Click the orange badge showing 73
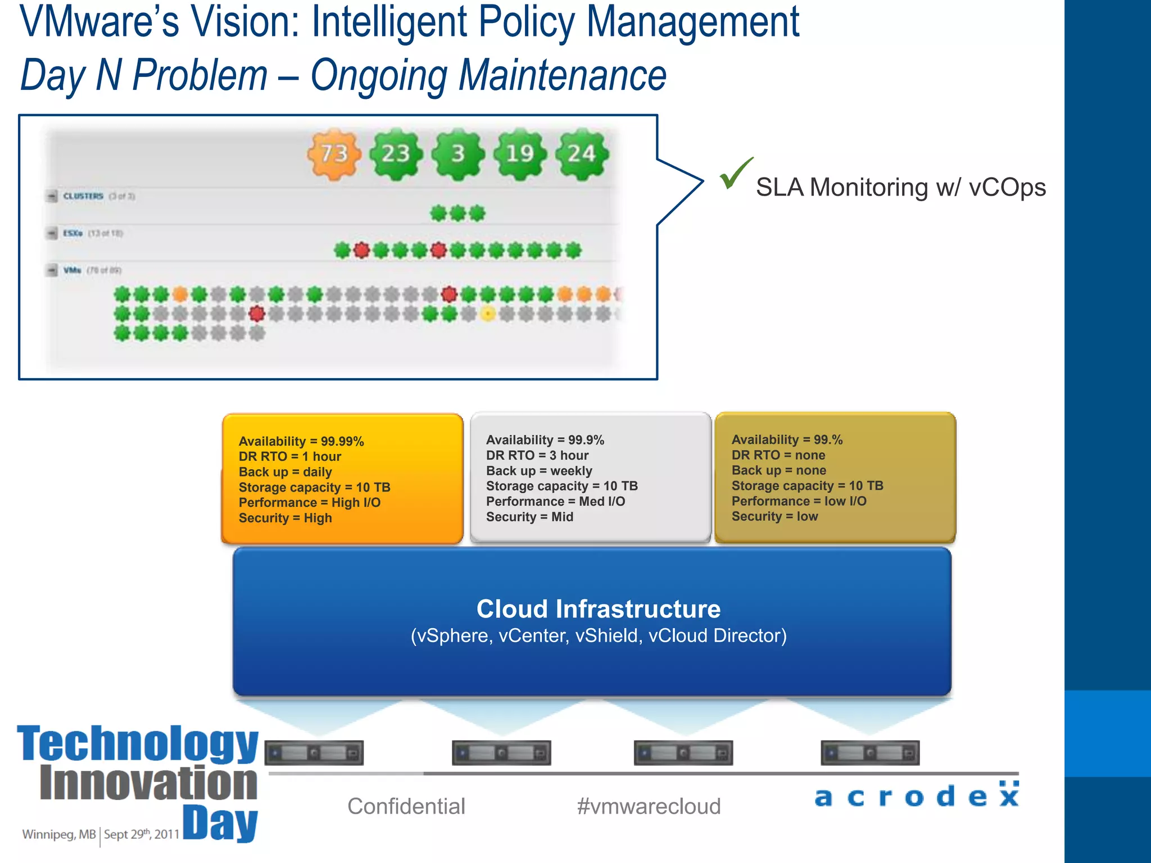pyautogui.click(x=334, y=154)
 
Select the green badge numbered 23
pyautogui.click(x=396, y=154)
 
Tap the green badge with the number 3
pyautogui.click(x=458, y=154)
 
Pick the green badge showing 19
pyautogui.click(x=520, y=154)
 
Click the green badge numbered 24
pyautogui.click(x=582, y=154)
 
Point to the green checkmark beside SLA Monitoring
pyautogui.click(x=735, y=174)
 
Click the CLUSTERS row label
pyautogui.click(x=83, y=196)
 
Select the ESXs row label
pyautogui.click(x=73, y=233)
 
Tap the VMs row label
pyautogui.click(x=72, y=270)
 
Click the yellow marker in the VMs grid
pyautogui.click(x=488, y=314)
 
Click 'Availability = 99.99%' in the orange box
pyautogui.click(x=301, y=441)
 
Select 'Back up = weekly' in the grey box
pyautogui.click(x=539, y=471)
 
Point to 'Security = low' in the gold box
pyautogui.click(x=774, y=516)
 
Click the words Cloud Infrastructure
pyautogui.click(x=599, y=609)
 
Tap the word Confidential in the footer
pyautogui.click(x=406, y=806)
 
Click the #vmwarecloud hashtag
pyautogui.click(x=649, y=806)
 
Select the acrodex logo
pyautogui.click(x=917, y=796)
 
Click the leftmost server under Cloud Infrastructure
pyautogui.click(x=314, y=753)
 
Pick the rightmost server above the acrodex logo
pyautogui.click(x=870, y=753)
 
